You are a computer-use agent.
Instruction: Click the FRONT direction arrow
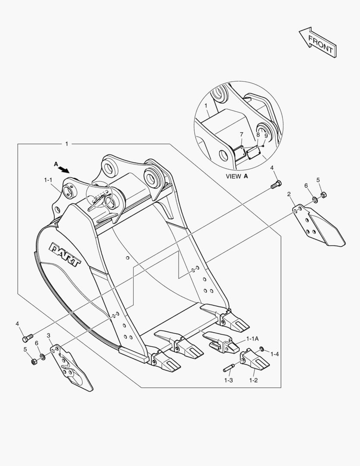click(318, 42)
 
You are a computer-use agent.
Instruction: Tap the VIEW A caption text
click(237, 176)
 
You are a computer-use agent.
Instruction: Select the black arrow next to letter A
click(63, 169)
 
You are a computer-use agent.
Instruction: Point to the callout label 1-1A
click(253, 339)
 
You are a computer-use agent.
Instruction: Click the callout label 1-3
click(229, 380)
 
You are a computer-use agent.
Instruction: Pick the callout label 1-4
click(275, 354)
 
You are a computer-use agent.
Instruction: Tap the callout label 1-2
click(254, 380)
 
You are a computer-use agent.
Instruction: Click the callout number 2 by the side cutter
click(289, 194)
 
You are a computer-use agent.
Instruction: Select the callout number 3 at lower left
click(48, 336)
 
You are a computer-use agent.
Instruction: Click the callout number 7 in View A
click(241, 135)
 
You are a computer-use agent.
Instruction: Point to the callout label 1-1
click(48, 180)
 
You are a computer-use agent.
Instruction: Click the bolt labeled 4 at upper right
click(276, 184)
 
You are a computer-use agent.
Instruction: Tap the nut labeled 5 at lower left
click(34, 362)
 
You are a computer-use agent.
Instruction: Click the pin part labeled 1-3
click(229, 368)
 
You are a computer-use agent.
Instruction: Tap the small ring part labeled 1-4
click(261, 348)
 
